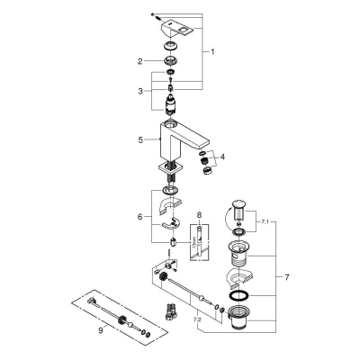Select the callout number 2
click(140, 61)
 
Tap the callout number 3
click(139, 92)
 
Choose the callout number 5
click(139, 139)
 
